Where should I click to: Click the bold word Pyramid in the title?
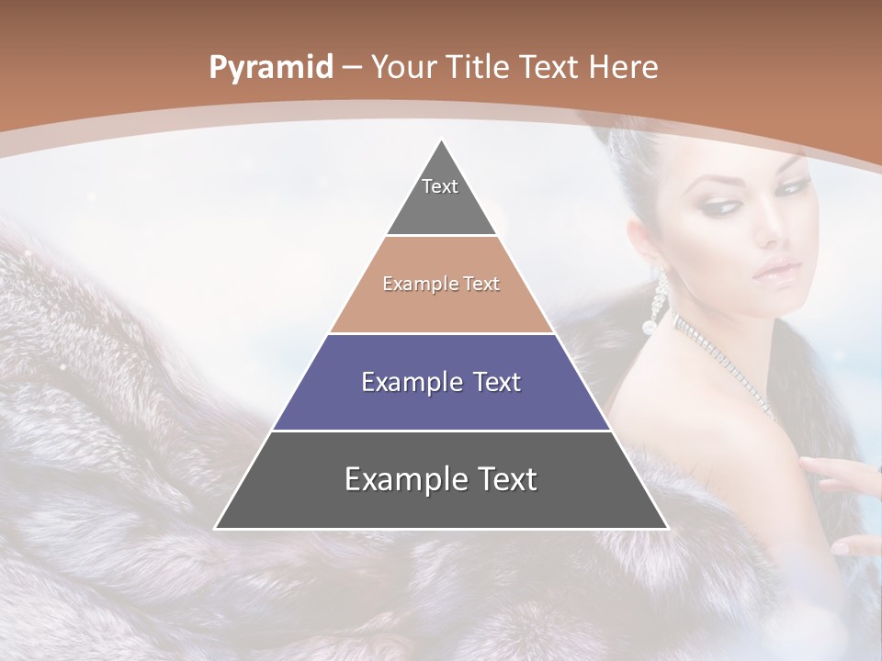270,68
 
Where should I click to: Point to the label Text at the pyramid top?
440,186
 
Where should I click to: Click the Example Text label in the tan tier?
441,284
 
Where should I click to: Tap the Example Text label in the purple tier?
441,382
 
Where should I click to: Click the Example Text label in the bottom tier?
441,479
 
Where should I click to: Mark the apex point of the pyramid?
442,140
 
